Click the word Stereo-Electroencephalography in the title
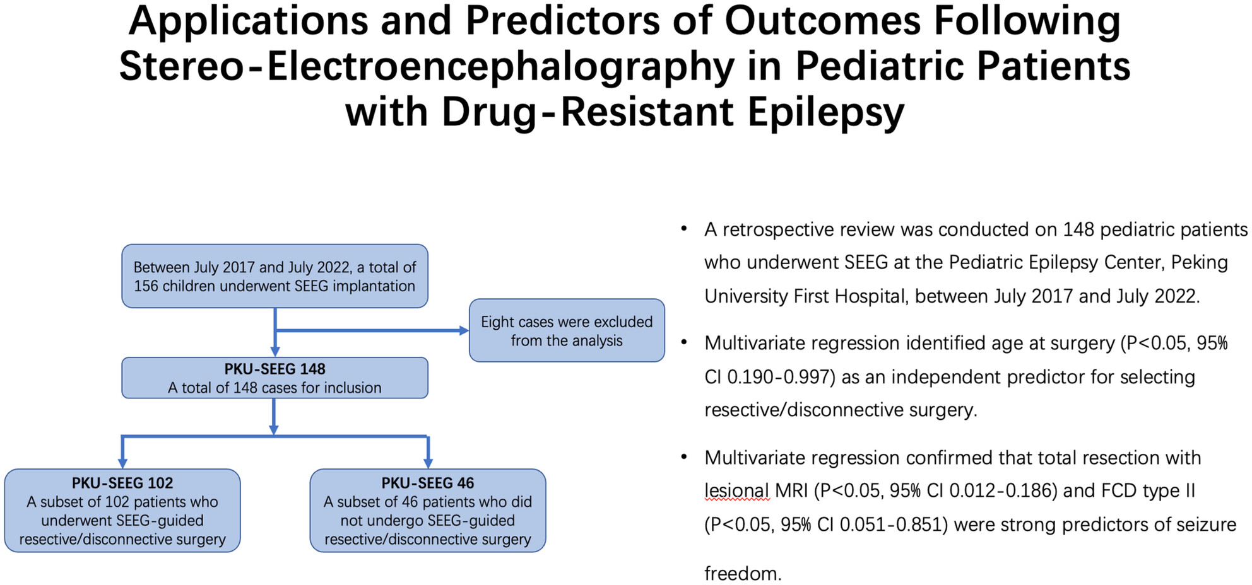pyautogui.click(x=427, y=66)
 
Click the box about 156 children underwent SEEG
pyautogui.click(x=275, y=276)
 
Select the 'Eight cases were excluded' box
pyautogui.click(x=567, y=330)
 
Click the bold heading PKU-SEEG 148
pyautogui.click(x=275, y=369)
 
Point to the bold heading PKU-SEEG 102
pyautogui.click(x=122, y=483)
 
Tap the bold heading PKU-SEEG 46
pyautogui.click(x=428, y=483)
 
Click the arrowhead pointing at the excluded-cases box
pyautogui.click(x=464, y=330)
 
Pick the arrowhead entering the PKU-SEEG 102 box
pyautogui.click(x=122, y=463)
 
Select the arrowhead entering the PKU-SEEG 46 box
pyautogui.click(x=428, y=463)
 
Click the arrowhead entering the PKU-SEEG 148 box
pyautogui.click(x=275, y=352)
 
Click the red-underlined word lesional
pyautogui.click(x=736, y=491)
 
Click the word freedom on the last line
pyautogui.click(x=743, y=574)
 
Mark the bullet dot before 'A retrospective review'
pyautogui.click(x=684, y=229)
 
